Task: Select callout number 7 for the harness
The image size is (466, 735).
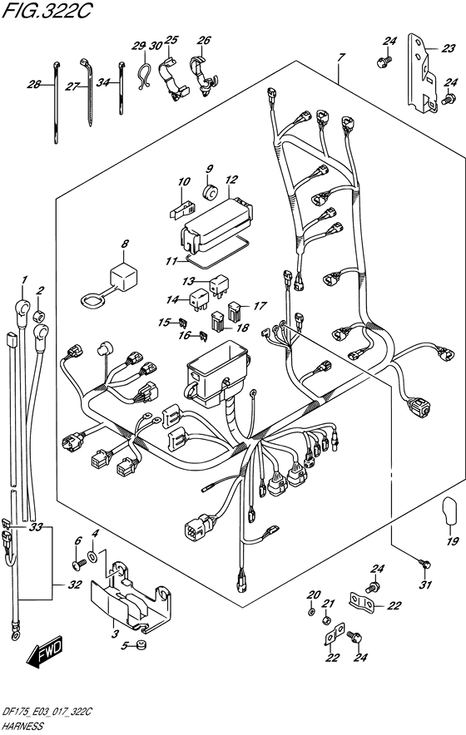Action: [x=340, y=57]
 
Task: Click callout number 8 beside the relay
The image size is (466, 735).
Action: [x=125, y=244]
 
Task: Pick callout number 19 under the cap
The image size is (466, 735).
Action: [x=453, y=542]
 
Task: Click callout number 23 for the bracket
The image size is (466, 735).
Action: [x=449, y=49]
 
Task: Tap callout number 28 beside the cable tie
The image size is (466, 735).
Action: [x=33, y=84]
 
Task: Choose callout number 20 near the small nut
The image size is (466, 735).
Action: [x=312, y=594]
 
